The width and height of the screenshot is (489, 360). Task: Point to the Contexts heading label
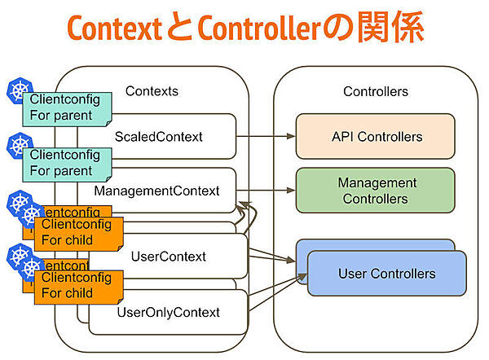click(x=152, y=91)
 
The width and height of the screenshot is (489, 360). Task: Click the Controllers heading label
click(x=376, y=91)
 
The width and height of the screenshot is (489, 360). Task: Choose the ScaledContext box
click(x=159, y=135)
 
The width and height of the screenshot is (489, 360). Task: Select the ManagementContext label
click(x=156, y=191)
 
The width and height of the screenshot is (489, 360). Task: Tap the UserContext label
click(x=168, y=257)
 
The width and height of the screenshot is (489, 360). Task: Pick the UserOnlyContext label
click(x=168, y=312)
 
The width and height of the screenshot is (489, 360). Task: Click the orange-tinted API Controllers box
click(x=376, y=136)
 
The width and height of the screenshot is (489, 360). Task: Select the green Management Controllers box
click(x=376, y=191)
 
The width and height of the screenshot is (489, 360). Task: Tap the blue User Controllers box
click(x=386, y=274)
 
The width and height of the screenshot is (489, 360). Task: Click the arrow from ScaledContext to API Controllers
click(x=266, y=136)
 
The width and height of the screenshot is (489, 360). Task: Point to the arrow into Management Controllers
click(x=266, y=191)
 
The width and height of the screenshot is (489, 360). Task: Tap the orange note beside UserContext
click(x=77, y=233)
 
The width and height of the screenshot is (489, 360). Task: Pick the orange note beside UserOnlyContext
click(x=77, y=286)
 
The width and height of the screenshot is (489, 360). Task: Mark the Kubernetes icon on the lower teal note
click(x=18, y=146)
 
